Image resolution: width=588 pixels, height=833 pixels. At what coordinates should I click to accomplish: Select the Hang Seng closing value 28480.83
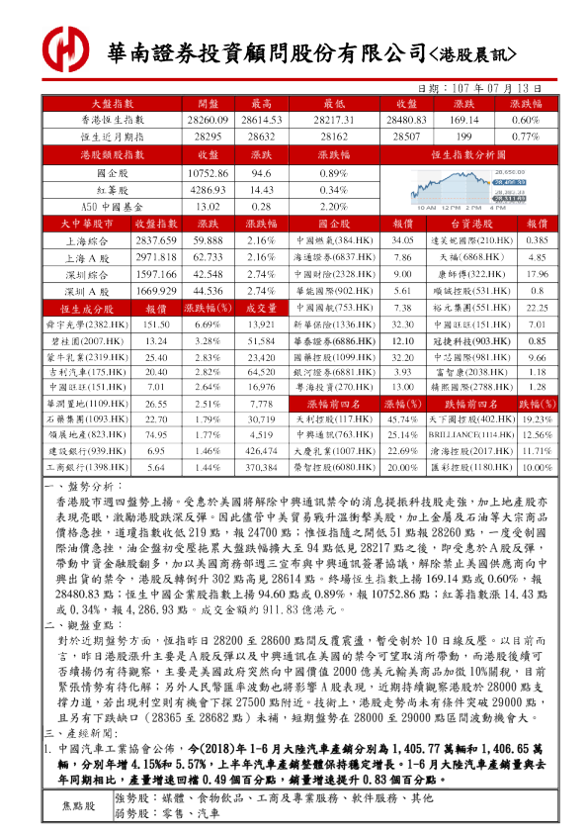tap(402, 119)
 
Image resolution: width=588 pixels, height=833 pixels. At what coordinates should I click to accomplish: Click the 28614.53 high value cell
tap(262, 119)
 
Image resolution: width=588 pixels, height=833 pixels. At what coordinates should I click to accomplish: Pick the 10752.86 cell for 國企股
tap(208, 172)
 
